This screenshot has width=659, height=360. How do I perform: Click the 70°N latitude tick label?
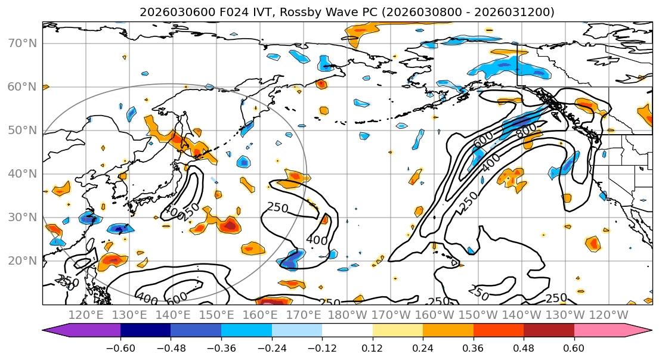pos(22,43)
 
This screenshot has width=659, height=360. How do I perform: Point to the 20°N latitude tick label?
pos(22,260)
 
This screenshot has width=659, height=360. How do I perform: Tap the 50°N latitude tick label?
pos(22,130)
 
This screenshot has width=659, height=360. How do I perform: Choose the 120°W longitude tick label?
pos(609,315)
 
